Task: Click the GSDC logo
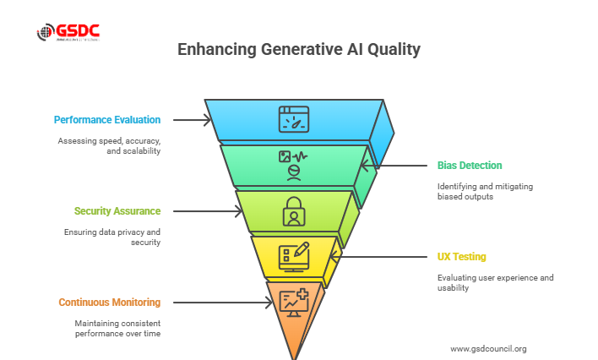pos(68,33)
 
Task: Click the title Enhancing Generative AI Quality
pos(298,50)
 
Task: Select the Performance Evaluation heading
pos(107,120)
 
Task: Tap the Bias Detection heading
pos(469,165)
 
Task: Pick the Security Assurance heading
pos(117,210)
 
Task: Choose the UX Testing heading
pos(460,256)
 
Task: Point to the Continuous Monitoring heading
pos(109,302)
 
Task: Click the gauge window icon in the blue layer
pos(293,119)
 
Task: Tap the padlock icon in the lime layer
pos(293,210)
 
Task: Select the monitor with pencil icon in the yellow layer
pos(293,257)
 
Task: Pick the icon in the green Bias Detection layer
pos(293,164)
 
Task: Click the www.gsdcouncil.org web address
pos(488,348)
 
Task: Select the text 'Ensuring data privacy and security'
pos(112,237)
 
